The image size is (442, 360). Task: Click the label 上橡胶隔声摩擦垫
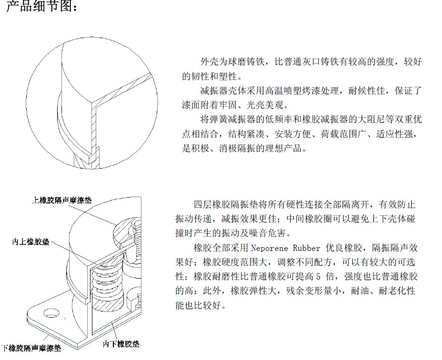click(x=62, y=200)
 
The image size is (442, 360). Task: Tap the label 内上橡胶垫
click(x=31, y=241)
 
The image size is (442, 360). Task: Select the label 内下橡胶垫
click(x=121, y=344)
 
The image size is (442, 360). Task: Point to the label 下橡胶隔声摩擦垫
click(x=31, y=349)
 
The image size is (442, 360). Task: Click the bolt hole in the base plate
click(x=51, y=313)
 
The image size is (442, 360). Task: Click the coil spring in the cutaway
click(x=108, y=282)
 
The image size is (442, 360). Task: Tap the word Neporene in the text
click(x=270, y=248)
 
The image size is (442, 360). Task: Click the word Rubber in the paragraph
click(x=307, y=248)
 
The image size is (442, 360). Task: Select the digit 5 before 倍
click(x=318, y=277)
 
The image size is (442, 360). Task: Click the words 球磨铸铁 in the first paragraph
click(x=246, y=62)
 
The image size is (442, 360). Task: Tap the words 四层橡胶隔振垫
click(x=226, y=204)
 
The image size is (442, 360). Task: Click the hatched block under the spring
click(x=109, y=305)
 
